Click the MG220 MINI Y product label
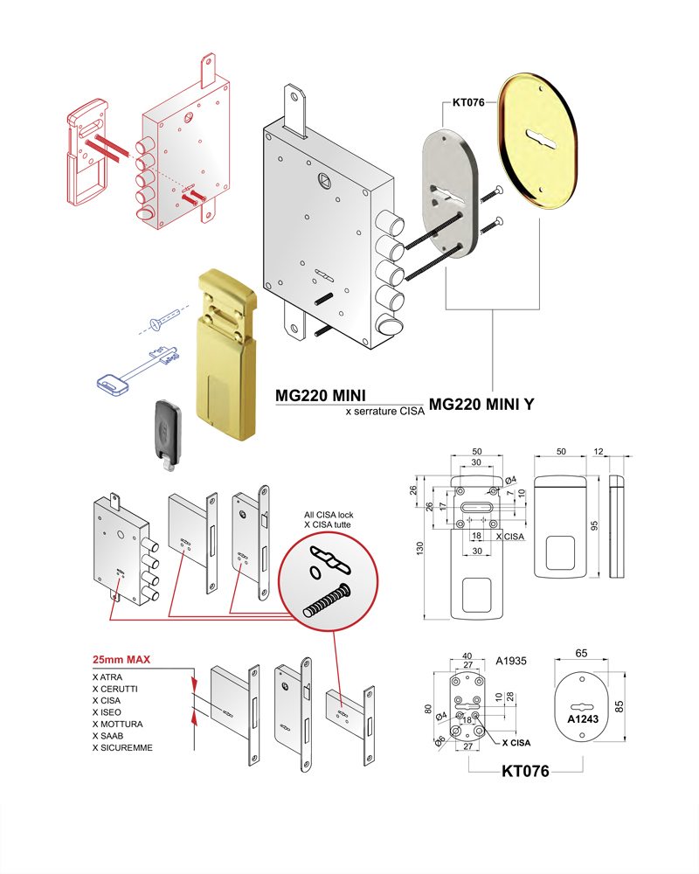482,405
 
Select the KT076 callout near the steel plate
467,102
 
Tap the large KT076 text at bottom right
524,772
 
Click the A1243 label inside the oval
581,719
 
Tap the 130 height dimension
420,548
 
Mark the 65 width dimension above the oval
581,653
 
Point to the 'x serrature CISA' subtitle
384,410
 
